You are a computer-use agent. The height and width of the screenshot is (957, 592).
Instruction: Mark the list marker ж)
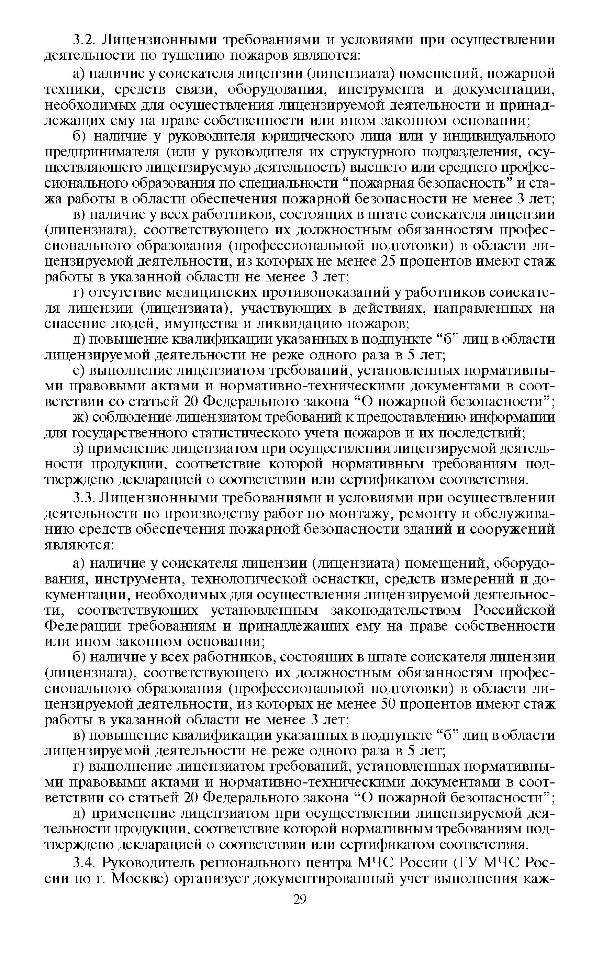click(x=82, y=418)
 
